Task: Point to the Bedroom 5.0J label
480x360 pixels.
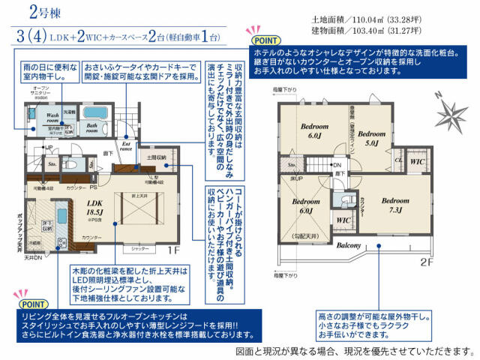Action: click(375, 138)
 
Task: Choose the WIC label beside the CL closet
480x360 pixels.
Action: click(417, 161)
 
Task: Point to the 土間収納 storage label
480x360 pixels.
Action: click(167, 158)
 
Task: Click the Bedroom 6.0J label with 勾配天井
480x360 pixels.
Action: click(305, 206)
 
